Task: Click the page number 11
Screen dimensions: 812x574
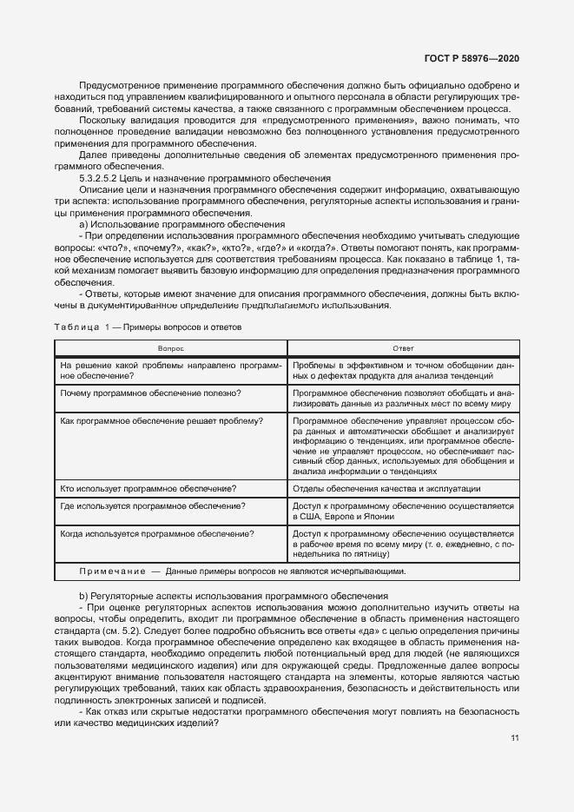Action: point(515,714)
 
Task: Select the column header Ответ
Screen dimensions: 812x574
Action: point(404,347)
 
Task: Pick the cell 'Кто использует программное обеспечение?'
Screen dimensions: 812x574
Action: point(148,489)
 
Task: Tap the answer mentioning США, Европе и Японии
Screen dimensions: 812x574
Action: point(404,511)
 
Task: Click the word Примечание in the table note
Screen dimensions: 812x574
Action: point(112,571)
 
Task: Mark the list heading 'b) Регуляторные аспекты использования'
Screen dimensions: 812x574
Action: point(233,596)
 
